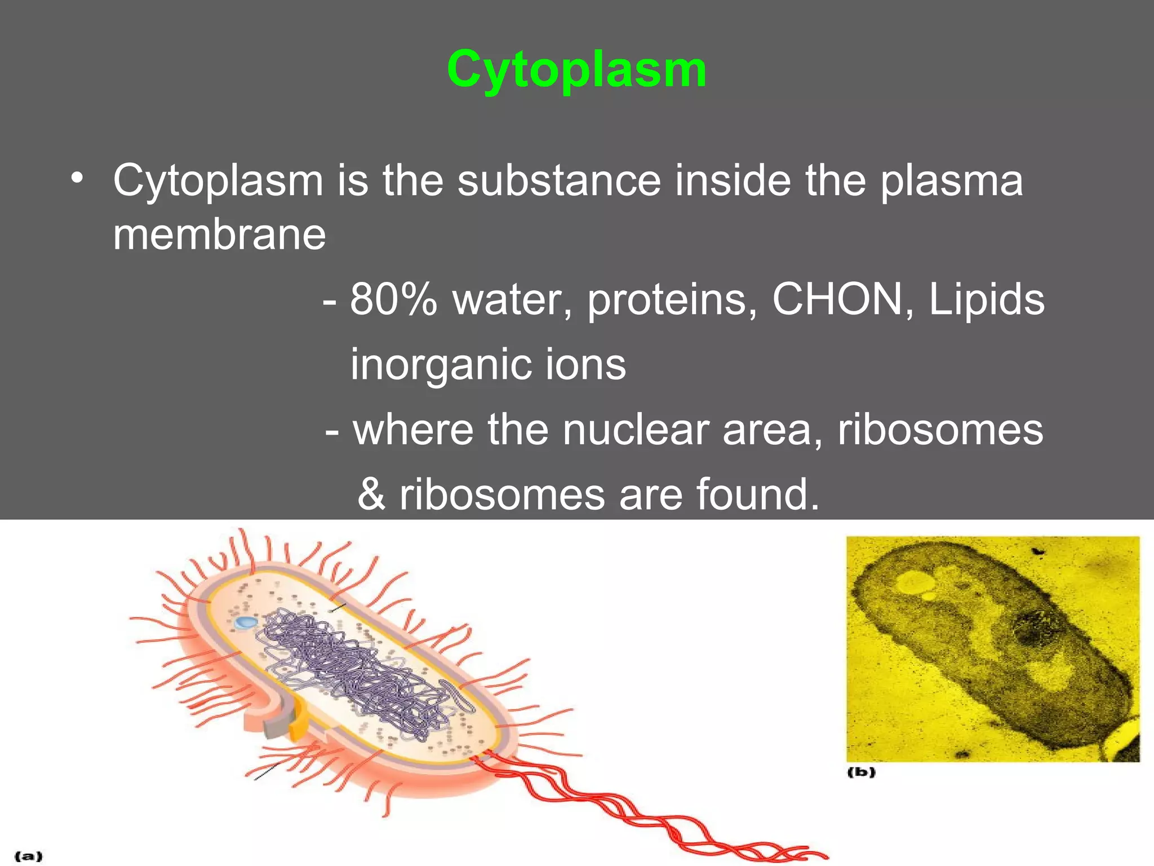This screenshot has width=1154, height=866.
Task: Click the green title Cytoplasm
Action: point(576,70)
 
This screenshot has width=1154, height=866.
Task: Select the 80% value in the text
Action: point(393,299)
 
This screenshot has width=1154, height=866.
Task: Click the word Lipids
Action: point(986,299)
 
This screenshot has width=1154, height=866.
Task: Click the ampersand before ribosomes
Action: point(372,494)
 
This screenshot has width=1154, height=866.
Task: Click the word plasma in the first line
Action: point(951,181)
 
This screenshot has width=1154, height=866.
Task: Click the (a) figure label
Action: point(28,856)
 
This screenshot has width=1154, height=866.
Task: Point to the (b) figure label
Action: point(862,772)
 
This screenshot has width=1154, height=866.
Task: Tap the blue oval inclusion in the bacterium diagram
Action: point(246,622)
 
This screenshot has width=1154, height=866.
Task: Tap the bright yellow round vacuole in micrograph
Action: point(914,582)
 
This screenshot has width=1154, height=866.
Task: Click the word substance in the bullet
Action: point(558,181)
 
